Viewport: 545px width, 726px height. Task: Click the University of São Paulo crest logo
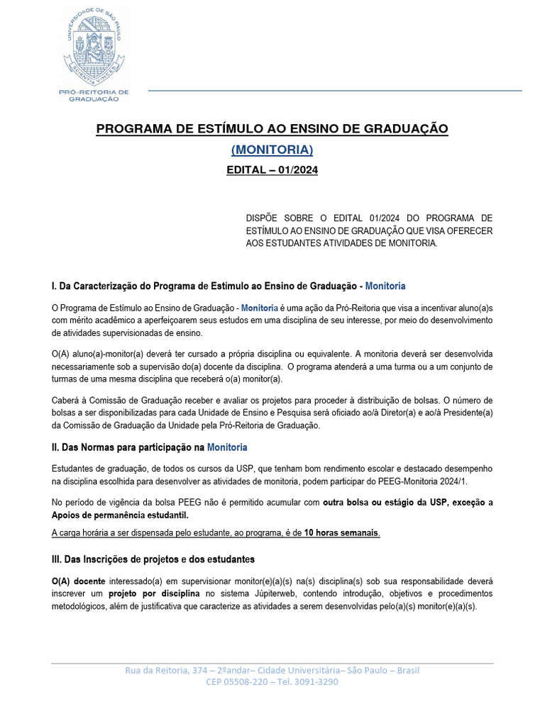click(x=98, y=45)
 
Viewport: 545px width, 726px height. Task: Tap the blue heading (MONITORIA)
click(x=272, y=150)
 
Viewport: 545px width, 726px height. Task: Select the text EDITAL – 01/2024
click(x=272, y=170)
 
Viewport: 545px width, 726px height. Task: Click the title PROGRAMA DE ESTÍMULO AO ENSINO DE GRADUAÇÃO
click(x=272, y=128)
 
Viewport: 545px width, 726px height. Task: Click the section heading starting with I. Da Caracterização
click(x=229, y=286)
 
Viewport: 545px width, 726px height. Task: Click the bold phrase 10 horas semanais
click(x=341, y=533)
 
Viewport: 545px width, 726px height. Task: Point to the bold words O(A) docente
click(x=79, y=581)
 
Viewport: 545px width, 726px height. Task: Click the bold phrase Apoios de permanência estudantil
click(x=119, y=515)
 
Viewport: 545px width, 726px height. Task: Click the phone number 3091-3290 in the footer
click(x=319, y=682)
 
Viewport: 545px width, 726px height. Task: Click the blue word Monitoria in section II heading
click(x=228, y=447)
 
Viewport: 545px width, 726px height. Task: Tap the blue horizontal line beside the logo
click(x=334, y=91)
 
